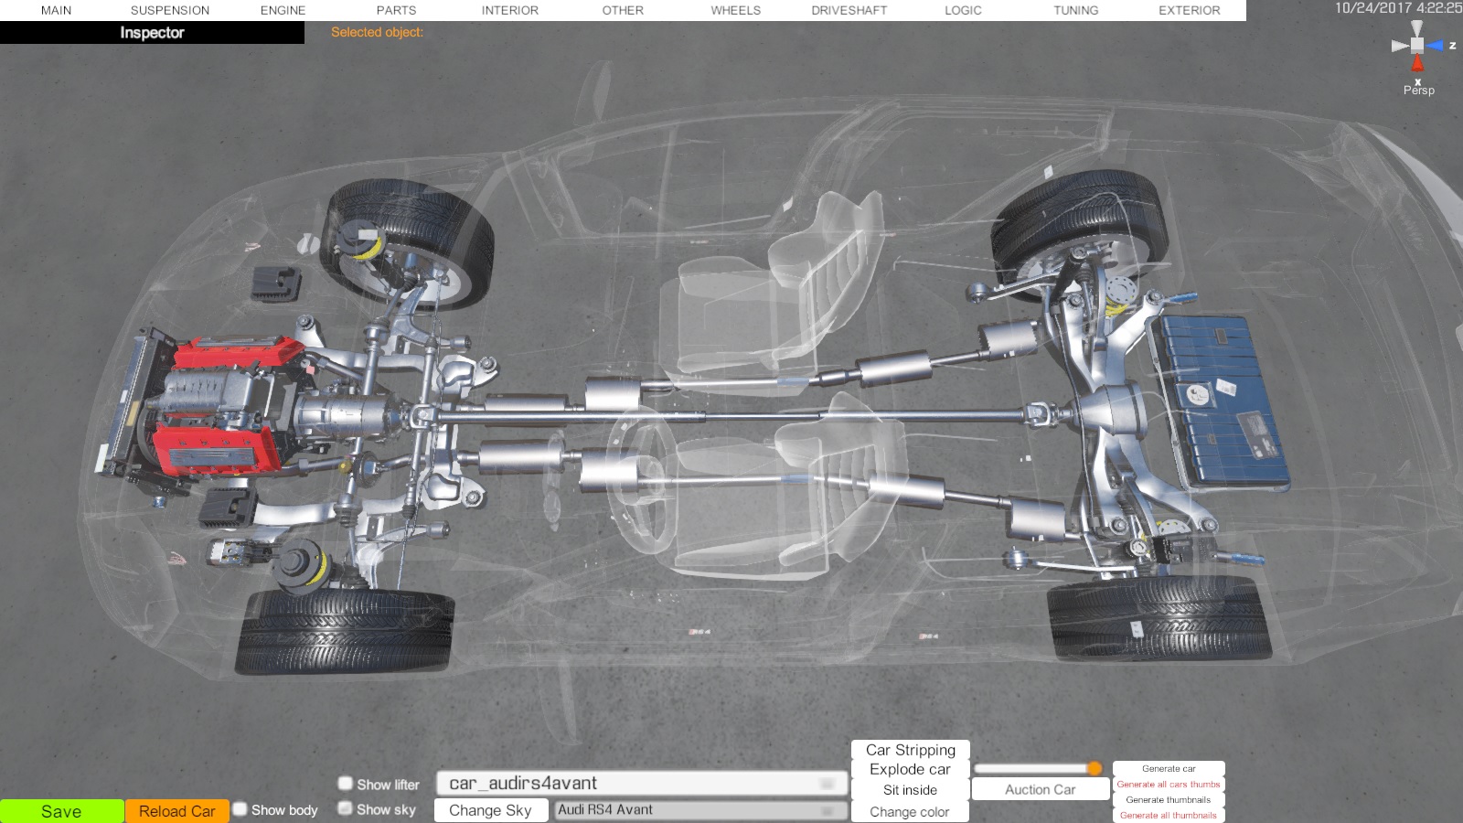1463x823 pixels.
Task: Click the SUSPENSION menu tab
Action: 170,10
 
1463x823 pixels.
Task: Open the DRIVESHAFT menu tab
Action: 849,10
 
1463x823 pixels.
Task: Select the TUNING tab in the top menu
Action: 1075,10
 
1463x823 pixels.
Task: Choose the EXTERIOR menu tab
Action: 1190,10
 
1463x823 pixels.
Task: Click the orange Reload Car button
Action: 177,811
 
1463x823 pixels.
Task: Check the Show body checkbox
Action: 240,809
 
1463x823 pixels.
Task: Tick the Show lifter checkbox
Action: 346,783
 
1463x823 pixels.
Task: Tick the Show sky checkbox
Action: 346,808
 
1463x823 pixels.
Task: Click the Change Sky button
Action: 490,810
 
